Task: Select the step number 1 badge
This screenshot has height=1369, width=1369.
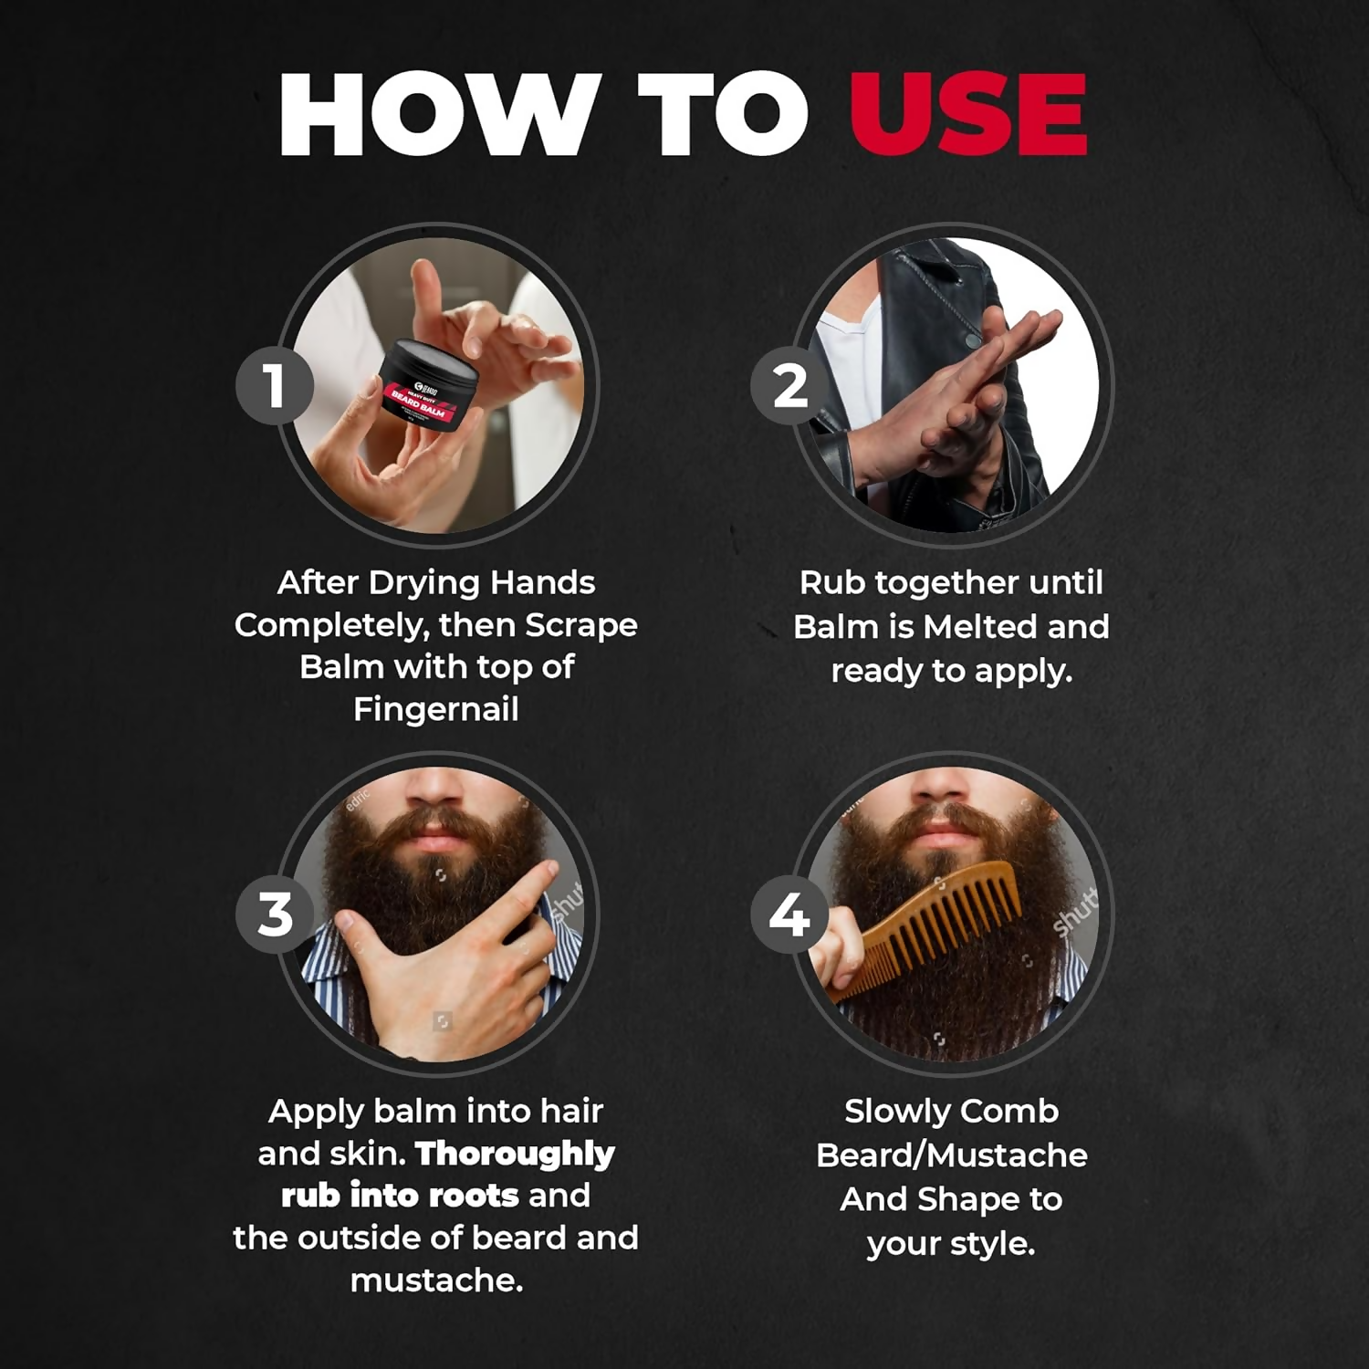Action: click(275, 385)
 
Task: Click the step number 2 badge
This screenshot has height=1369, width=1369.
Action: click(790, 385)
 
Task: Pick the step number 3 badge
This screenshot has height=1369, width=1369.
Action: click(275, 914)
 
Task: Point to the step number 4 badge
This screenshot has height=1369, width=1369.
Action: click(790, 914)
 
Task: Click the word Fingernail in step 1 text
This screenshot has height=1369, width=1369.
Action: click(435, 709)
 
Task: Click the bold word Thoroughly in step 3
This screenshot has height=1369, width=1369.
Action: click(515, 1154)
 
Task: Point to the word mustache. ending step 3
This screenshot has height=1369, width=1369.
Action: click(436, 1280)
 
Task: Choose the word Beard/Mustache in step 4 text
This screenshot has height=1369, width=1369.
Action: click(951, 1155)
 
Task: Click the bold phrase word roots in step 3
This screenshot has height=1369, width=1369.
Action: click(474, 1196)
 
